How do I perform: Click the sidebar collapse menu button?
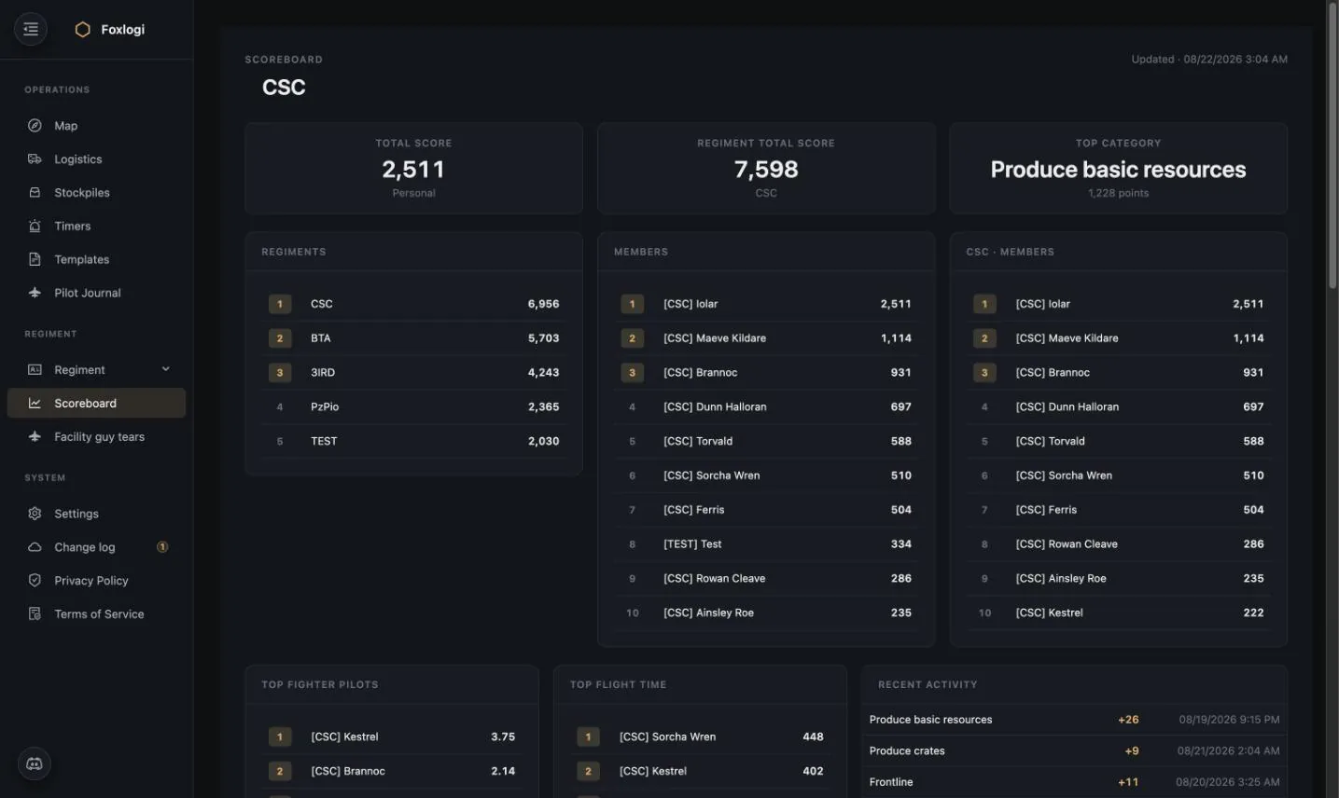click(31, 29)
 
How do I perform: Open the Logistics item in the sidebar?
click(77, 158)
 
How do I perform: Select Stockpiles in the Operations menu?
click(82, 192)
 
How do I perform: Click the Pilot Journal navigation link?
click(88, 293)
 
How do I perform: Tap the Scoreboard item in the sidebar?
click(96, 403)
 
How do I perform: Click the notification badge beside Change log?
click(162, 546)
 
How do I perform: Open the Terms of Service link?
click(99, 614)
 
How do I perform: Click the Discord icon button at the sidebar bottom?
click(35, 764)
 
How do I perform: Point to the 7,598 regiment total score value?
click(766, 170)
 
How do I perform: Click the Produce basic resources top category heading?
click(1119, 170)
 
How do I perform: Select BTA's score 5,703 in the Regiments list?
click(543, 338)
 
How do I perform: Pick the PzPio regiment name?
click(325, 406)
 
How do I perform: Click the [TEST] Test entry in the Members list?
click(692, 544)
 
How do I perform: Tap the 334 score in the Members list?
click(900, 544)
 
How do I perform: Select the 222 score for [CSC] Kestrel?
click(1253, 612)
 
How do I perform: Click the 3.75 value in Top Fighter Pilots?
click(503, 737)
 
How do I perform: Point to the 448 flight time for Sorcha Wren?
click(813, 737)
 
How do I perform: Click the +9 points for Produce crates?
click(1132, 750)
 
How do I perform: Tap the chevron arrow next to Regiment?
click(165, 369)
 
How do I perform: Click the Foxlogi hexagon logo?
click(82, 29)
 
